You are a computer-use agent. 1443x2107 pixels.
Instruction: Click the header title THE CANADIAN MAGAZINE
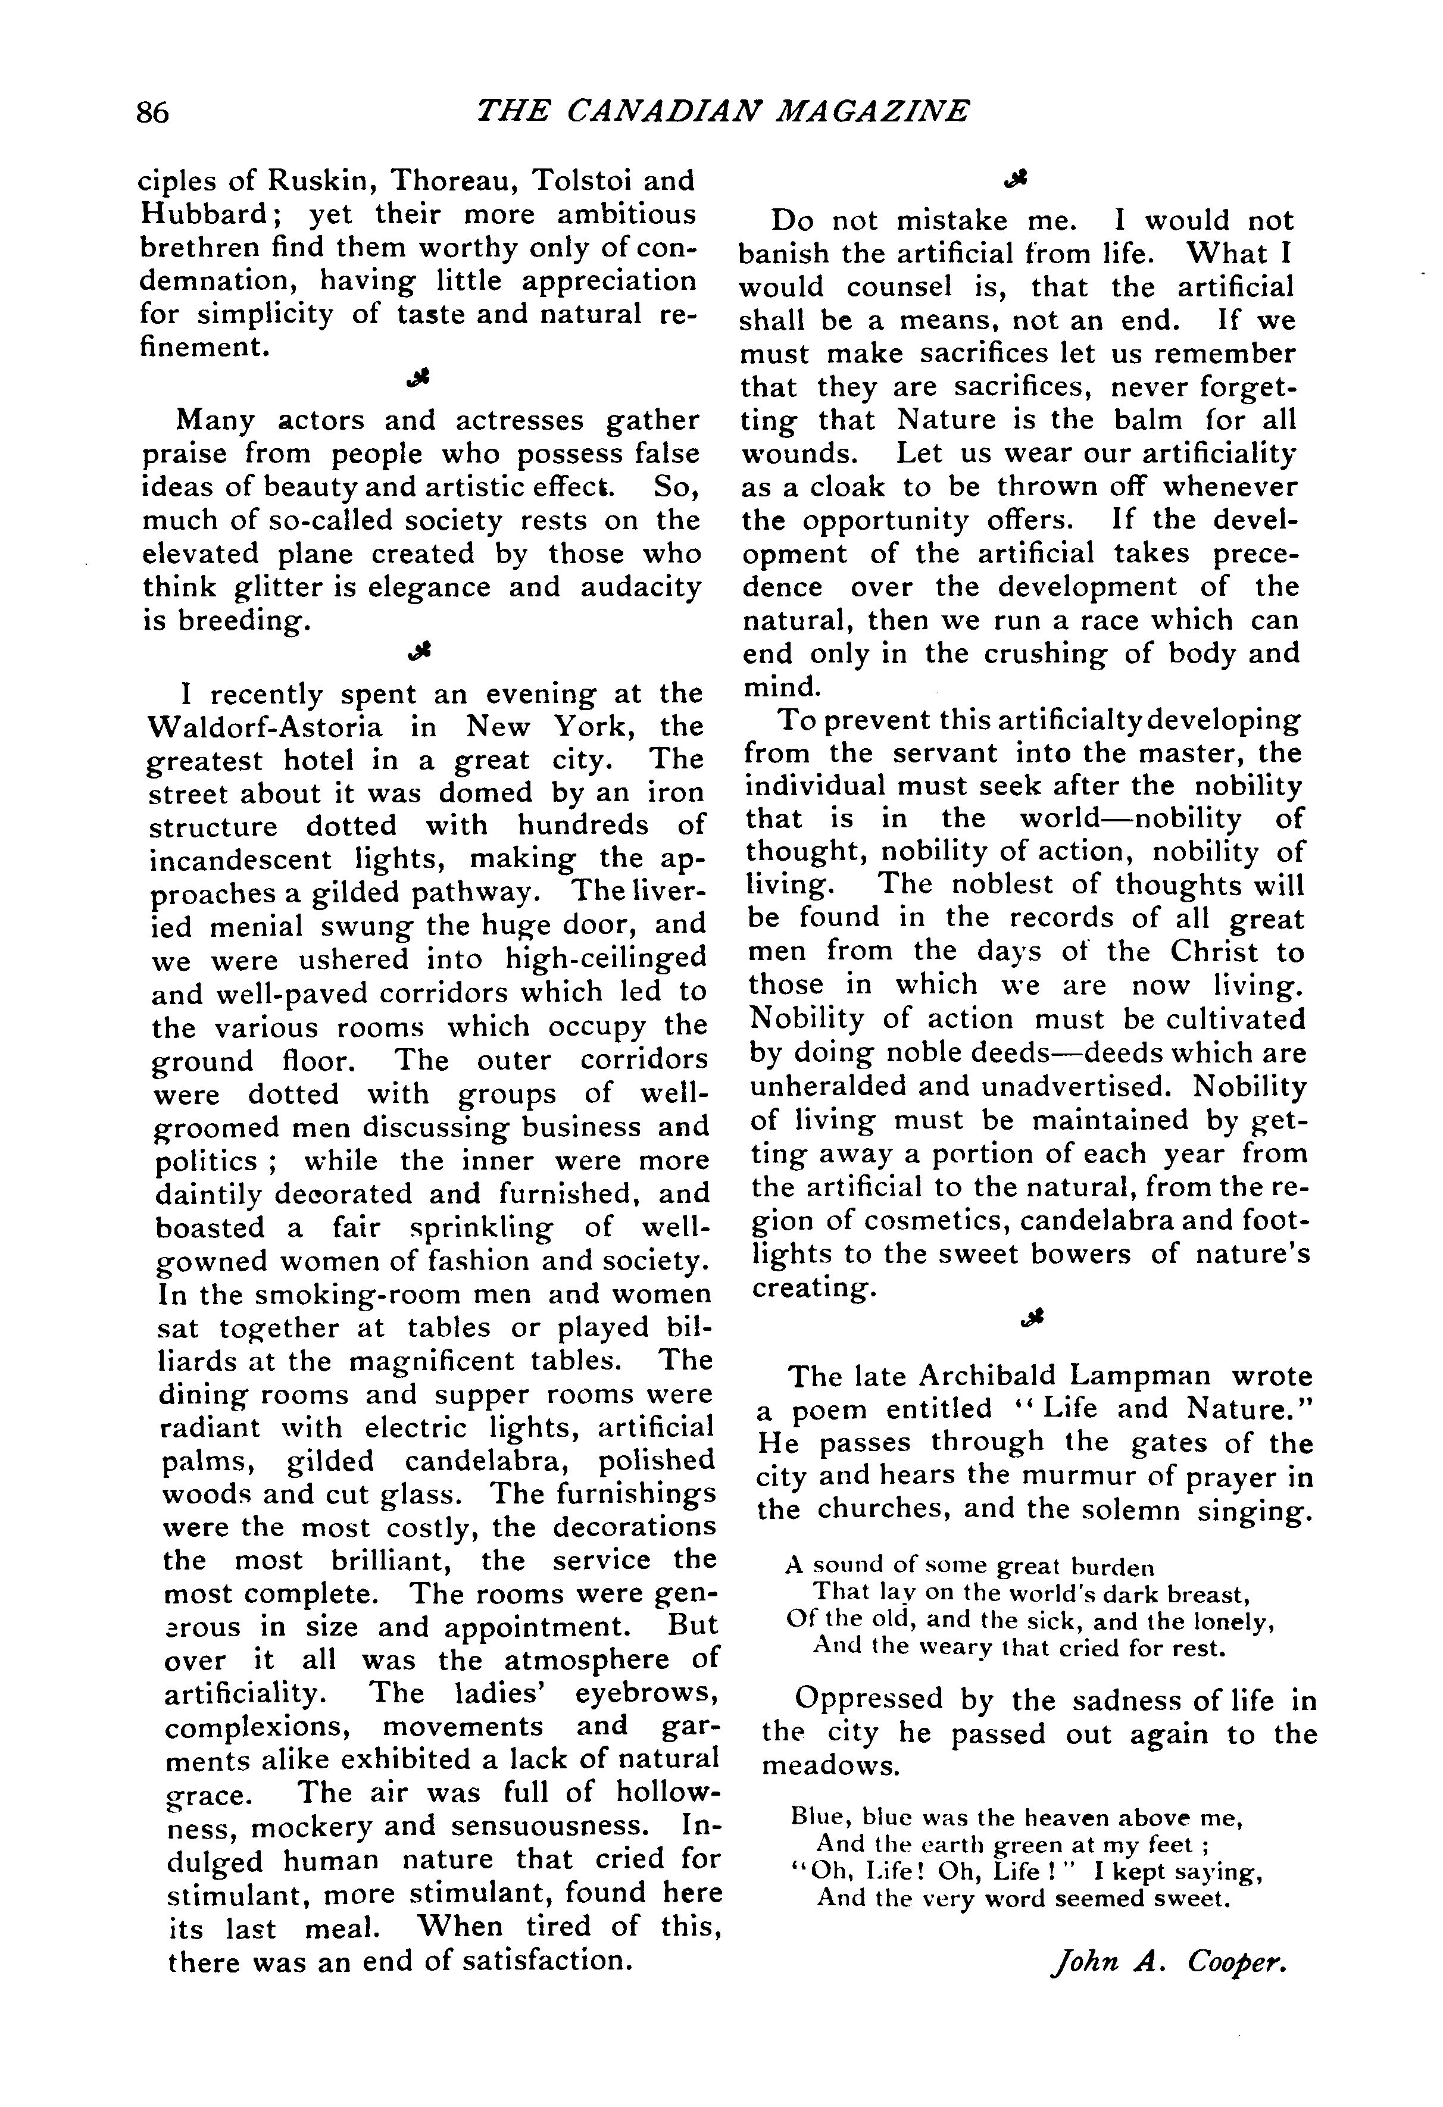point(722,111)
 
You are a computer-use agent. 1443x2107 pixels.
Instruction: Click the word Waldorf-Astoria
point(265,727)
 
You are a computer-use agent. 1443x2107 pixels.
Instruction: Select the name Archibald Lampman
point(1064,1376)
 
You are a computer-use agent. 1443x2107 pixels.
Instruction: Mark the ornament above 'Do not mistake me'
point(1017,182)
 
